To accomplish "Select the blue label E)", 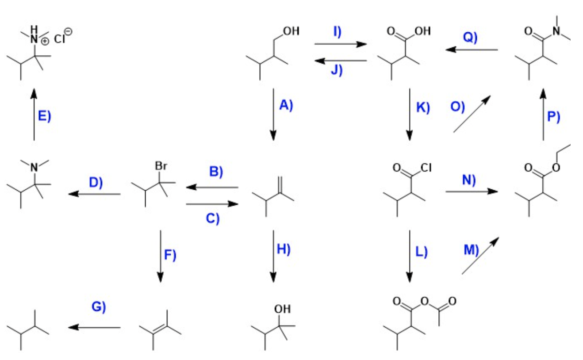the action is click(x=44, y=116).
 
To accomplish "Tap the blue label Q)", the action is click(x=470, y=38).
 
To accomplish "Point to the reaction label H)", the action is click(x=283, y=249).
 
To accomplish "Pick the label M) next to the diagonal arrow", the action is click(x=471, y=250).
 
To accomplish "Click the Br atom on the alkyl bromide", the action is click(x=161, y=167).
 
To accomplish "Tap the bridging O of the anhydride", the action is click(x=423, y=302).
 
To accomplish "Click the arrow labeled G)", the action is click(x=94, y=327).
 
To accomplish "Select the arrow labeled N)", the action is click(x=472, y=191).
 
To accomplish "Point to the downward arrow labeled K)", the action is click(x=409, y=114).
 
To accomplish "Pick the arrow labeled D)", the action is click(x=94, y=194).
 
